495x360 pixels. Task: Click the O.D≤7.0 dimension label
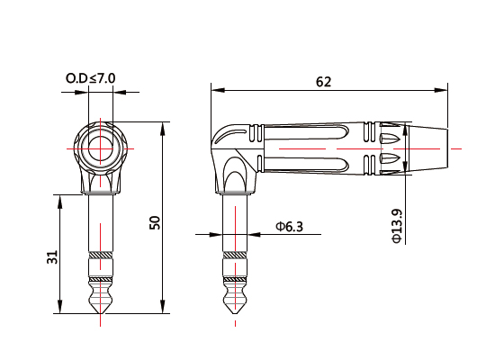(x=91, y=78)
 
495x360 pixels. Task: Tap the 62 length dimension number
(x=324, y=82)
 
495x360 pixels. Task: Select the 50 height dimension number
(x=155, y=222)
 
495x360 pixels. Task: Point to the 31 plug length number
(x=53, y=257)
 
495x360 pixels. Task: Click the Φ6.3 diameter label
(x=290, y=227)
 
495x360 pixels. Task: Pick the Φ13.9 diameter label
(x=397, y=226)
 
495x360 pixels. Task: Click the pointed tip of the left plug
(x=101, y=313)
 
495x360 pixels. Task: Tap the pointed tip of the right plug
(x=235, y=313)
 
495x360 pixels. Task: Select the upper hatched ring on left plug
(x=101, y=256)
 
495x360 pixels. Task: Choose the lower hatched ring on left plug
(x=101, y=280)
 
